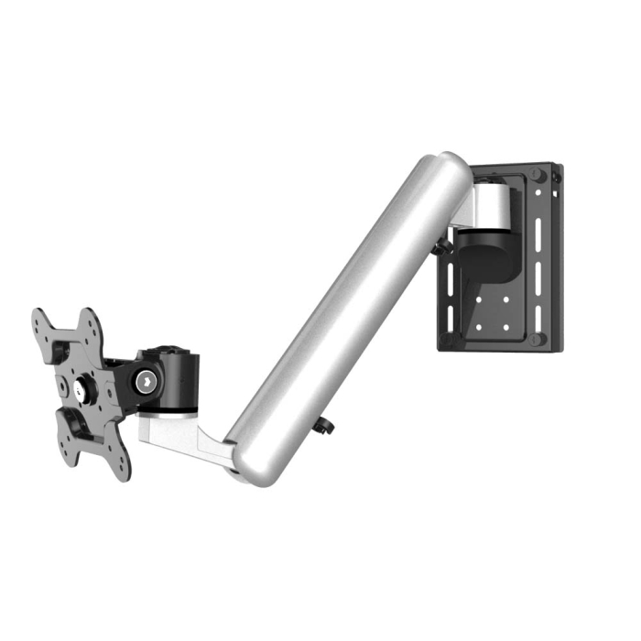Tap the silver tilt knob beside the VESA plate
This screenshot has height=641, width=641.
145,380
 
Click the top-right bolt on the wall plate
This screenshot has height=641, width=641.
539,175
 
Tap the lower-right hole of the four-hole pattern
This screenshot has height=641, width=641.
505,326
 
